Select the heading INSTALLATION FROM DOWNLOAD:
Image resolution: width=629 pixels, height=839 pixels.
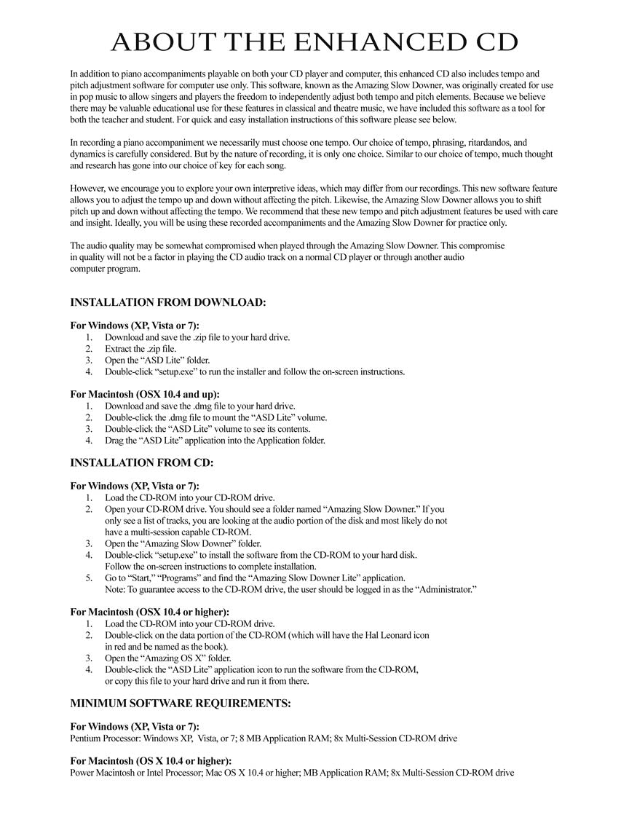click(x=167, y=302)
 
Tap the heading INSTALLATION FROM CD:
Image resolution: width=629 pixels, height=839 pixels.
click(x=141, y=462)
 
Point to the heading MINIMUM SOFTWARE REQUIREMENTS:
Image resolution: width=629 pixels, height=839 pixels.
click(x=180, y=704)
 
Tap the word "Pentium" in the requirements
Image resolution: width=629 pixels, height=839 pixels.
click(x=86, y=738)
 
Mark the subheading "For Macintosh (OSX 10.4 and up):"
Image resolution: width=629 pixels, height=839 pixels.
click(x=144, y=395)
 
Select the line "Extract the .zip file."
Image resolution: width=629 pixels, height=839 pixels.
click(x=141, y=349)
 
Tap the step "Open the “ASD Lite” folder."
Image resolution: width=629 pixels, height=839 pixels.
click(x=157, y=361)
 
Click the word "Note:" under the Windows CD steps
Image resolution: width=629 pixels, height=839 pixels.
click(x=116, y=589)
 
